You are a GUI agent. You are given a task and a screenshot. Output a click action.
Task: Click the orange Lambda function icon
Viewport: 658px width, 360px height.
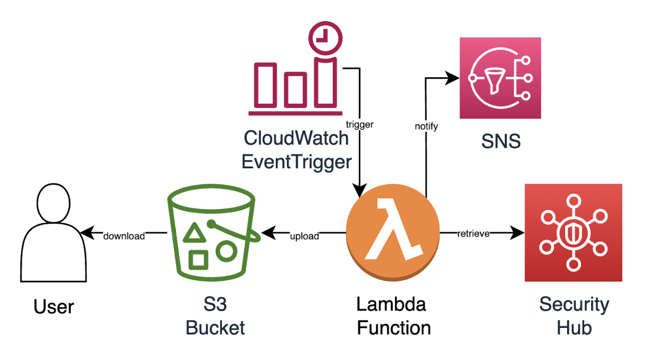pyautogui.click(x=392, y=234)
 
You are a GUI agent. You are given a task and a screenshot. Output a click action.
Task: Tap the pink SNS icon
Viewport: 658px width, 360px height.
pyautogui.click(x=500, y=78)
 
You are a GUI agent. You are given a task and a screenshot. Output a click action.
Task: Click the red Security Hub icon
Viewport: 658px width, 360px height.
pyautogui.click(x=573, y=232)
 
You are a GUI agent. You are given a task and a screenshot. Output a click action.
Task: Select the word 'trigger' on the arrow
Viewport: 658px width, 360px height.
pyautogui.click(x=359, y=124)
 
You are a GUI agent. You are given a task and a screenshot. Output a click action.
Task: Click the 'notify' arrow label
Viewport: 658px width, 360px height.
pyautogui.click(x=426, y=126)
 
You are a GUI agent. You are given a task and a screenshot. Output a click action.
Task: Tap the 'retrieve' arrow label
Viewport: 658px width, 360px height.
pyautogui.click(x=473, y=233)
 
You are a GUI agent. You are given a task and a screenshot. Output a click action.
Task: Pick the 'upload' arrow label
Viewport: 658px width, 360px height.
pyautogui.click(x=305, y=236)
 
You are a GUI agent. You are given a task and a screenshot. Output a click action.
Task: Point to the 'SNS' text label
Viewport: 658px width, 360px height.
pyautogui.click(x=501, y=141)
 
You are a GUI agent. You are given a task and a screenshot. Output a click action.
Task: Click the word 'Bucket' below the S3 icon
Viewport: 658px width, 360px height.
pyautogui.click(x=215, y=328)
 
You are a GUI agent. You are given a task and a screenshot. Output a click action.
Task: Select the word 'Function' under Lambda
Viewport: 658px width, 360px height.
pyautogui.click(x=394, y=328)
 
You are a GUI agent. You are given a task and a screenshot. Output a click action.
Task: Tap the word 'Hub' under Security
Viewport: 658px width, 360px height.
pyautogui.click(x=574, y=328)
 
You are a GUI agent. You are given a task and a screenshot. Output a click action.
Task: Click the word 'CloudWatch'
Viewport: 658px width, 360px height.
pyautogui.click(x=296, y=138)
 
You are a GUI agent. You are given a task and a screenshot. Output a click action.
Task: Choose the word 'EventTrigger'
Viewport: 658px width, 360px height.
pyautogui.click(x=296, y=162)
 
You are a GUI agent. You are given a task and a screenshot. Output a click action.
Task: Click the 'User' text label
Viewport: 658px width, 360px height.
pyautogui.click(x=54, y=307)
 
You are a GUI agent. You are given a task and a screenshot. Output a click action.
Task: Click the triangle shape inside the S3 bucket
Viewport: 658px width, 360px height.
pyautogui.click(x=193, y=234)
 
